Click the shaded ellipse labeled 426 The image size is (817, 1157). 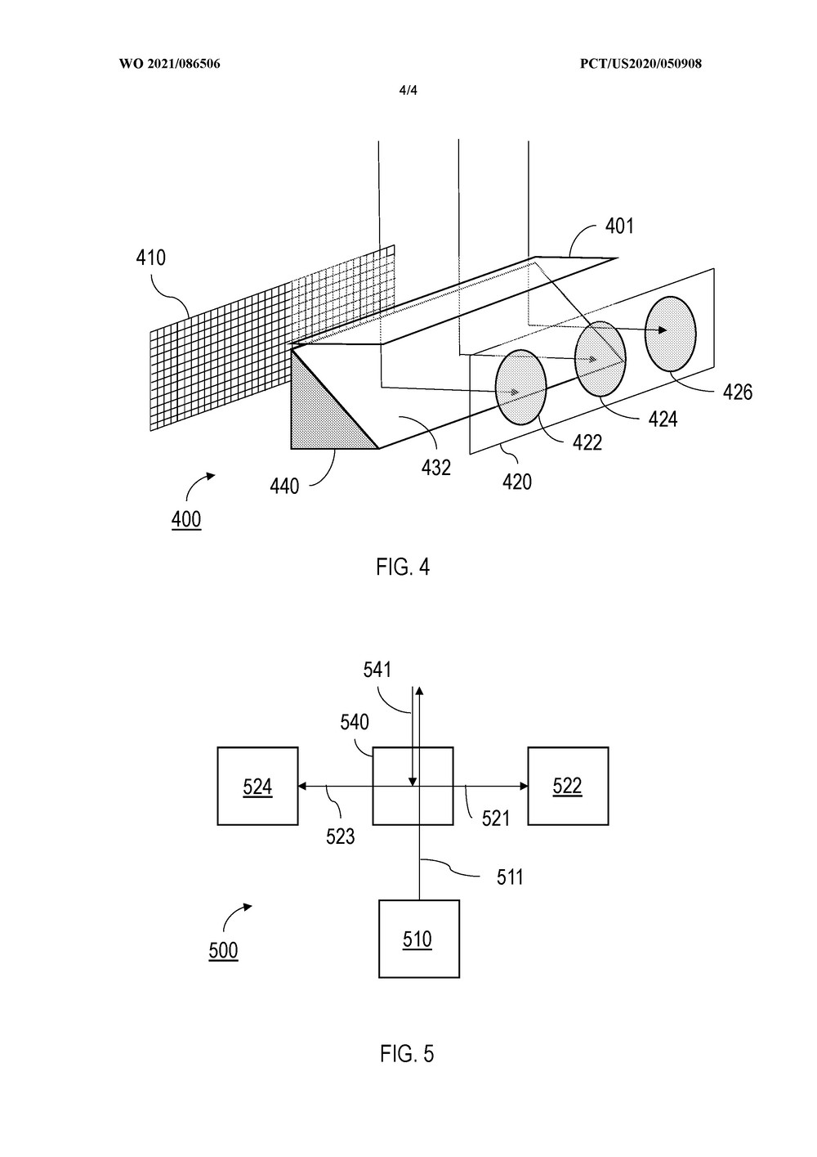[671, 334]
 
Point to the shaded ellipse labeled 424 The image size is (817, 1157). [600, 359]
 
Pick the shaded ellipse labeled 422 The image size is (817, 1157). [520, 388]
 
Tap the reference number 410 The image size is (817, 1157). [150, 258]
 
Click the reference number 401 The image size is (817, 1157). [618, 226]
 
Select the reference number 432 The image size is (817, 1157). [436, 468]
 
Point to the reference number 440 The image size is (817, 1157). [284, 486]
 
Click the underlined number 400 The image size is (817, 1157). [186, 519]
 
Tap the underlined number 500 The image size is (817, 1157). [224, 950]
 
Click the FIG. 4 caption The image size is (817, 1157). [403, 567]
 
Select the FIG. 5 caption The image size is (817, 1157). [407, 1053]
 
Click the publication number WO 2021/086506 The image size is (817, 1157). [170, 64]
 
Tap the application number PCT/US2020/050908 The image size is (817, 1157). [641, 64]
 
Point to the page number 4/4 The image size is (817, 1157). [408, 91]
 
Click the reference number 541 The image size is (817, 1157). [377, 670]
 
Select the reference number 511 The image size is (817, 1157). [510, 877]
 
